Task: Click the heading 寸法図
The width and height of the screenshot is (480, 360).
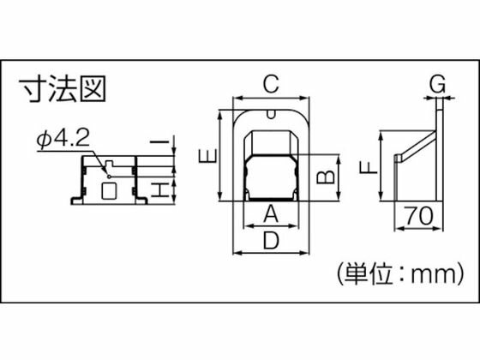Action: [63, 89]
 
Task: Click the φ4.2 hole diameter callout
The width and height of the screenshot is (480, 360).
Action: [63, 139]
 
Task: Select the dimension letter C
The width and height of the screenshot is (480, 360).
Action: [271, 84]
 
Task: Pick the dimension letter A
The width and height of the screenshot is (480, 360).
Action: [271, 214]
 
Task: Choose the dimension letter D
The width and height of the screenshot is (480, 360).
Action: [271, 240]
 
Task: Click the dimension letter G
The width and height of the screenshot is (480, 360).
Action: [437, 84]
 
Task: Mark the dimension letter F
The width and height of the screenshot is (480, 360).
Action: [369, 168]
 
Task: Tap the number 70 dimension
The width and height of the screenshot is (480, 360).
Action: [419, 215]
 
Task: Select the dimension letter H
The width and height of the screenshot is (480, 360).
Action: [159, 190]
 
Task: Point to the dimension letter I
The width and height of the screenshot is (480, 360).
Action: [159, 141]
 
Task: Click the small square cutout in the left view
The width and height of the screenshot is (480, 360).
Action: [109, 190]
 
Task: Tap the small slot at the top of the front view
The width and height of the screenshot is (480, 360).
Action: [271, 114]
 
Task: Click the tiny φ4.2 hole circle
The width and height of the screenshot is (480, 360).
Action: [109, 177]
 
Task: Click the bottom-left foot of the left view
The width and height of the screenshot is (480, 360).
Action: [77, 201]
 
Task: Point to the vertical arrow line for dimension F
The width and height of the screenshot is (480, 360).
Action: [381, 166]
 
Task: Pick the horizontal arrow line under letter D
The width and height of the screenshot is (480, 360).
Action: [271, 253]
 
